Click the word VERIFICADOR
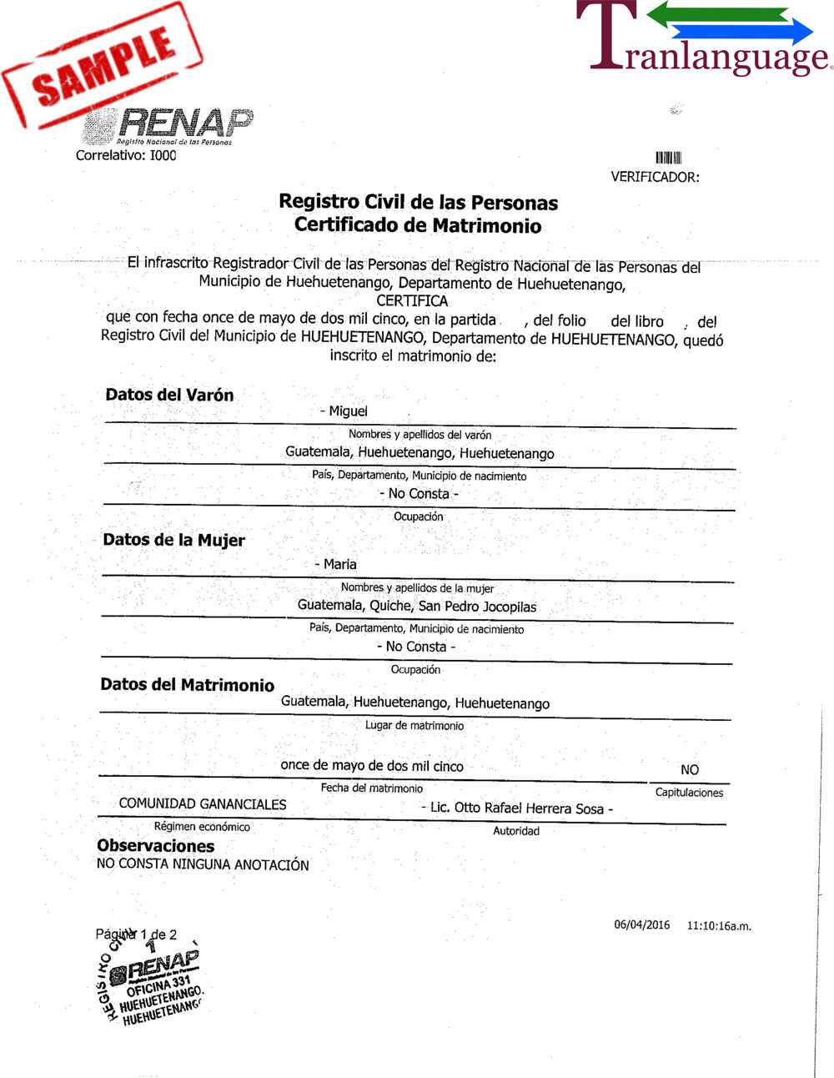click(655, 177)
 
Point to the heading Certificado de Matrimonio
click(418, 225)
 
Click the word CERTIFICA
click(412, 301)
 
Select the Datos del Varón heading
click(169, 395)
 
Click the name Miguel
click(348, 411)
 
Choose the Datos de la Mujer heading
click(173, 540)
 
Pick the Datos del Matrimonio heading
click(187, 685)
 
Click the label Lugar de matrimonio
click(414, 726)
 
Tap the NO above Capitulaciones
click(690, 769)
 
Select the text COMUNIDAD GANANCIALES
click(203, 804)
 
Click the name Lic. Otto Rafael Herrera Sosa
click(521, 808)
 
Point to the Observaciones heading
click(155, 846)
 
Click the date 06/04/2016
click(642, 924)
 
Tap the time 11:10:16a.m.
click(719, 925)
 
